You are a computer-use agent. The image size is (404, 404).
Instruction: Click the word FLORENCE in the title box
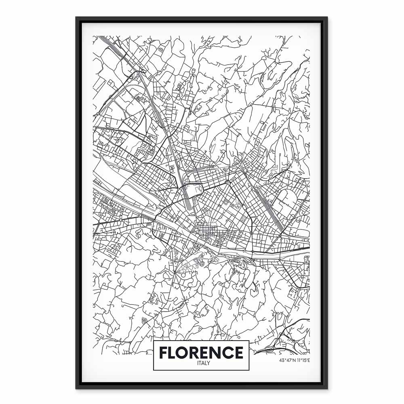pos(201,352)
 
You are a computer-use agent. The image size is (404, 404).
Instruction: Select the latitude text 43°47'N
pos(286,360)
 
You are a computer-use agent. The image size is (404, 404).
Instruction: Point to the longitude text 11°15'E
pos(301,360)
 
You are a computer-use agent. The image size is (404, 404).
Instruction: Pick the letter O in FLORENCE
pos(184,352)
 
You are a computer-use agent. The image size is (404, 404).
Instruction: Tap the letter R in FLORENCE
pos(196,352)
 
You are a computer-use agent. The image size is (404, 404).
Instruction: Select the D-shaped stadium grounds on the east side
pos(287,200)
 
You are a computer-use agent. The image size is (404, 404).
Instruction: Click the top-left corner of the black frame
pos(77,17)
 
